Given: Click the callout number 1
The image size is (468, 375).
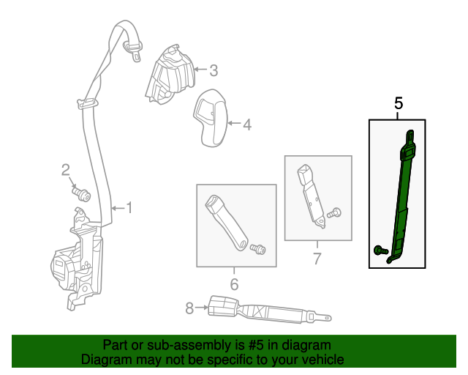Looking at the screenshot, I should tap(129, 208).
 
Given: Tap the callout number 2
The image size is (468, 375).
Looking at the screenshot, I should tap(65, 171).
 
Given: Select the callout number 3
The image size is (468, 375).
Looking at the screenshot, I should tap(214, 71).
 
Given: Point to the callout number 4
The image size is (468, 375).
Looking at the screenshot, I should tap(246, 125).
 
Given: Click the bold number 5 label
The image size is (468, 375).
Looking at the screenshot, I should tap(399, 103).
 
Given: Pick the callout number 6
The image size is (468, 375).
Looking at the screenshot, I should tap(235, 284).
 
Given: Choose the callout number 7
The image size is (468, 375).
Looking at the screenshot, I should tap(317, 258).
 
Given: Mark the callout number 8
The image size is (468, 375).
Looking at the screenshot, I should tap(189, 308).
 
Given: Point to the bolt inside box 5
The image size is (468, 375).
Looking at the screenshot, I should tap(380, 250).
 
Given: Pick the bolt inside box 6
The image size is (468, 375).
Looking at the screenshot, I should tap(257, 250).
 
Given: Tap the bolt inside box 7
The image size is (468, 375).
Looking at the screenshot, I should tap(335, 213).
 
